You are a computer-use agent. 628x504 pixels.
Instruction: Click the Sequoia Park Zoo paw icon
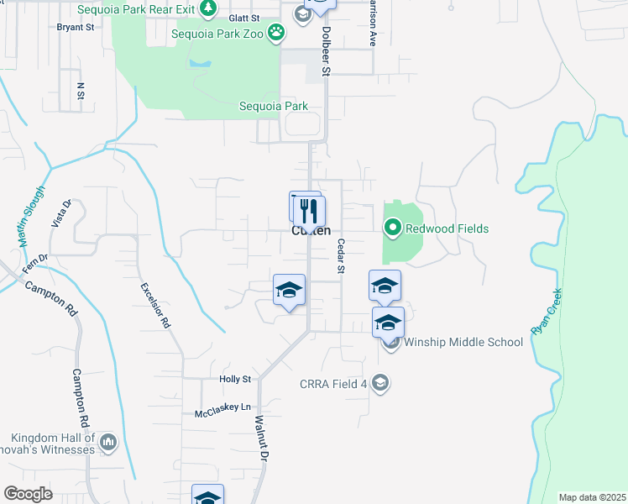[277, 34]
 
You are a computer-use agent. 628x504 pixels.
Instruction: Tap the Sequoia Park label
[274, 107]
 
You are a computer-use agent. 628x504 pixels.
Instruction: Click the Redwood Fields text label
[447, 228]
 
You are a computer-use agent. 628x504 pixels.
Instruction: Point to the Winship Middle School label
[463, 342]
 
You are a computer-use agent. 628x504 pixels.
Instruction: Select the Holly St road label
[235, 380]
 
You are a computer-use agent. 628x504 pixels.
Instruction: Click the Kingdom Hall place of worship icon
[108, 442]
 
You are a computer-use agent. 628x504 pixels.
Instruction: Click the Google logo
[29, 494]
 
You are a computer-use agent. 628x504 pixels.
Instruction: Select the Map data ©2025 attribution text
[592, 497]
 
